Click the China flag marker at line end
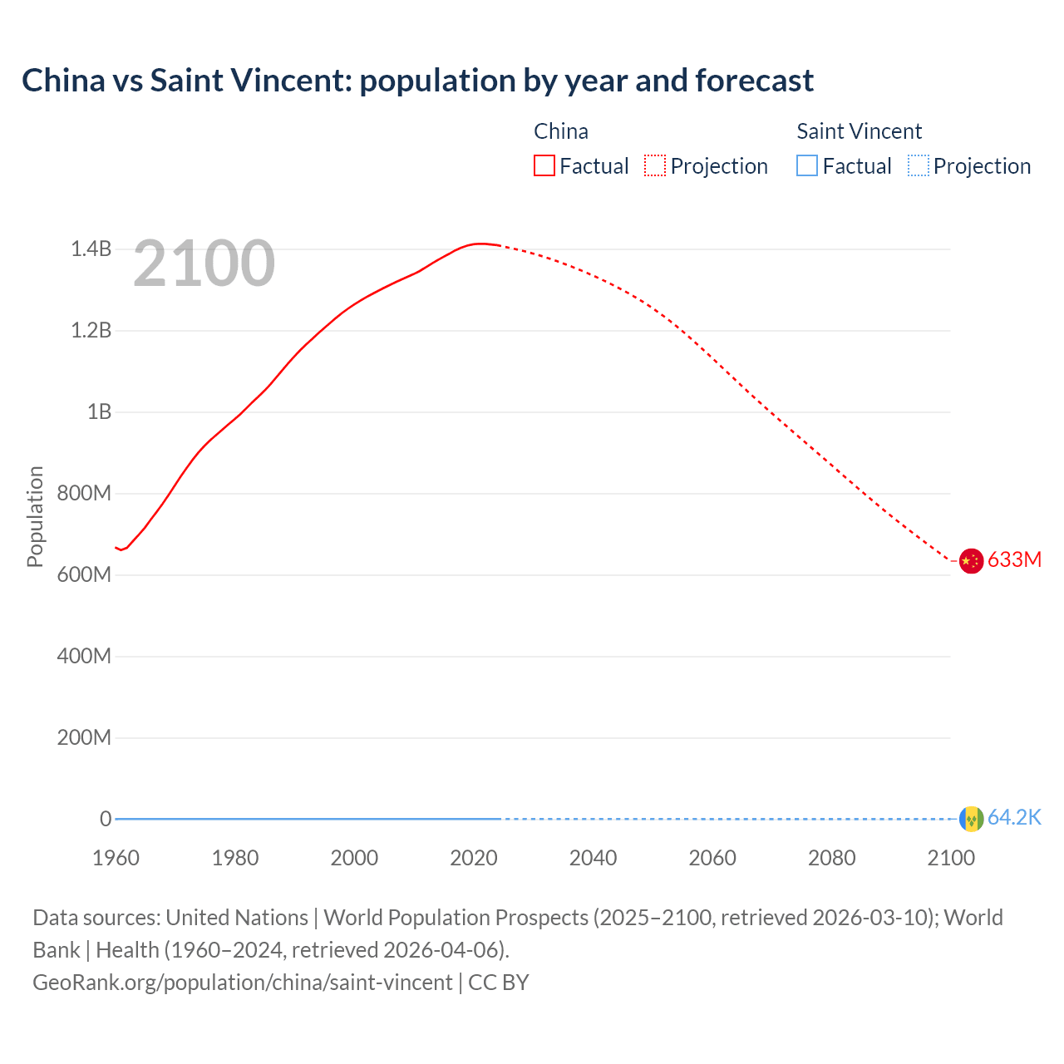[x=971, y=561]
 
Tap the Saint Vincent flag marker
[x=971, y=819]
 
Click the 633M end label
[x=1014, y=560]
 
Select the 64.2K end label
[x=1014, y=818]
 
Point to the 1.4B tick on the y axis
[x=91, y=249]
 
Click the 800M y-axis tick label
[x=84, y=494]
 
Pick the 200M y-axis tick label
[x=84, y=738]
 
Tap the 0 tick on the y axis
[x=106, y=819]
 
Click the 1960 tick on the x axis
[x=116, y=858]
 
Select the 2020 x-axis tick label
[x=474, y=858]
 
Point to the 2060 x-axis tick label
[x=712, y=858]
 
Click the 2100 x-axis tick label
[x=951, y=858]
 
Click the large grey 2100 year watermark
[x=204, y=264]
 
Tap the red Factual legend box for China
[x=544, y=166]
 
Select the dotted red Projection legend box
[x=655, y=166]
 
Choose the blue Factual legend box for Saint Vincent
[x=807, y=166]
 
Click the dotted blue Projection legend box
[x=918, y=166]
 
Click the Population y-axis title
[x=35, y=516]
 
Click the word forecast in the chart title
[x=754, y=81]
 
